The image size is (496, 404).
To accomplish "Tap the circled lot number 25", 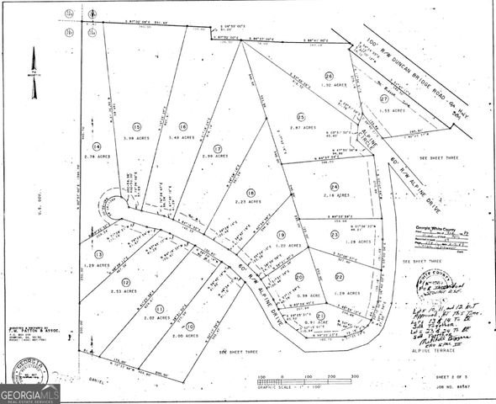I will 299,115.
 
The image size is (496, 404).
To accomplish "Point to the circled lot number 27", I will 361,98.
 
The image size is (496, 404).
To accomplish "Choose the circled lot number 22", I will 339,277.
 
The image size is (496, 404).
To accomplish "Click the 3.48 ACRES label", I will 180,137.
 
